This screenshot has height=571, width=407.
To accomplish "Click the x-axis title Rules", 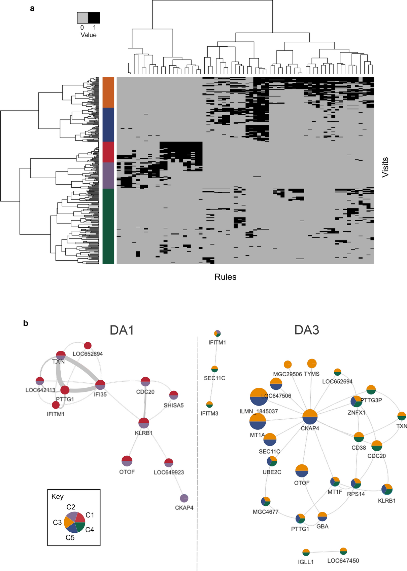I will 225,277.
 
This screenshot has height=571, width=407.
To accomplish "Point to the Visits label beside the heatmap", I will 385,167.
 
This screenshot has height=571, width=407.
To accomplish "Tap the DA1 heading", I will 122,330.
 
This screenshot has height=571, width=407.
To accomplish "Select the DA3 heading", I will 307,330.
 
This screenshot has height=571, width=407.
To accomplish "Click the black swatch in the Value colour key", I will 94,17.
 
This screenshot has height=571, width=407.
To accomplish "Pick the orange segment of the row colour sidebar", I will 108,92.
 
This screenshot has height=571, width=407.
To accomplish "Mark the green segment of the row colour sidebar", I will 108,226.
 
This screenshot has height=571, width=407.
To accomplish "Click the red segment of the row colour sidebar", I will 108,152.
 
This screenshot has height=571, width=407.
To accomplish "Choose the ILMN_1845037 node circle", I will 259,397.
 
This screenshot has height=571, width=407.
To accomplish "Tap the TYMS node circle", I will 312,364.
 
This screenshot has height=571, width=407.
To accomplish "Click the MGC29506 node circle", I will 287,365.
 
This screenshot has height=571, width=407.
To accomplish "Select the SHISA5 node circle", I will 174,395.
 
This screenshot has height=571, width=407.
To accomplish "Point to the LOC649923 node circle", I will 169,463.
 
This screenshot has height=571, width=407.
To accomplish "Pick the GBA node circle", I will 322,517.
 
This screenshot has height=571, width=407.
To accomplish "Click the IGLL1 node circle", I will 306,552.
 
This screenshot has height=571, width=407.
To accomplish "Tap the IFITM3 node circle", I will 209,404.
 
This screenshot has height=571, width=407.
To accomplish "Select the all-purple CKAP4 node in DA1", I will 184,498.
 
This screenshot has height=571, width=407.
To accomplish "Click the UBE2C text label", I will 272,472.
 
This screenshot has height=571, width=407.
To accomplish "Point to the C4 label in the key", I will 90,530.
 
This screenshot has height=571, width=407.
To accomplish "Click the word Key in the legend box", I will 58,497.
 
